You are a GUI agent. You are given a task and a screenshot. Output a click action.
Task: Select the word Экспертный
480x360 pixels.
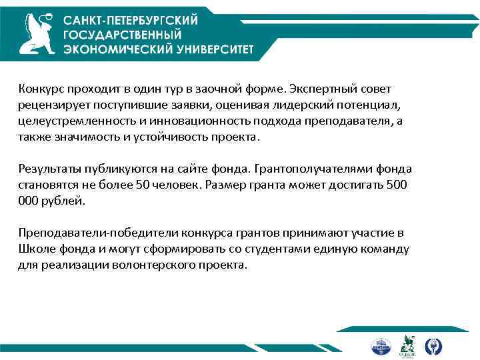tap(321, 89)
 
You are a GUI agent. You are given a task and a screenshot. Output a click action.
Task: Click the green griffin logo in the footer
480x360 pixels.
tap(407, 345)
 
